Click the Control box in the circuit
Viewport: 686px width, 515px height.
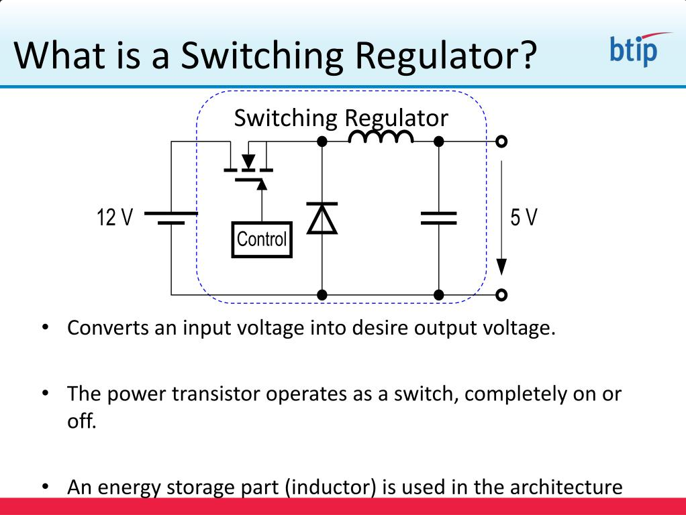tap(262, 239)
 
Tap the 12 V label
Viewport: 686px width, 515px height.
tap(115, 218)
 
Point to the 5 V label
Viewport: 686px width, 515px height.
tap(524, 218)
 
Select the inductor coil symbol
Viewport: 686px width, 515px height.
tap(381, 137)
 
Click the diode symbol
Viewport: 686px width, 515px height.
tap(322, 218)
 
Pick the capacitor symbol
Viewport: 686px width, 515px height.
tap(438, 218)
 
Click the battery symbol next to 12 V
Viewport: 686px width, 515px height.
tap(171, 218)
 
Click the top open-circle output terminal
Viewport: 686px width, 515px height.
tap(501, 141)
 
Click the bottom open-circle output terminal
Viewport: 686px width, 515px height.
tap(501, 294)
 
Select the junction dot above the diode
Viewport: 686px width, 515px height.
tap(322, 141)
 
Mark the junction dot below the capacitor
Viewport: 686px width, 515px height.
tap(438, 294)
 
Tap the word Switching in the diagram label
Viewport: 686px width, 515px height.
tap(285, 118)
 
